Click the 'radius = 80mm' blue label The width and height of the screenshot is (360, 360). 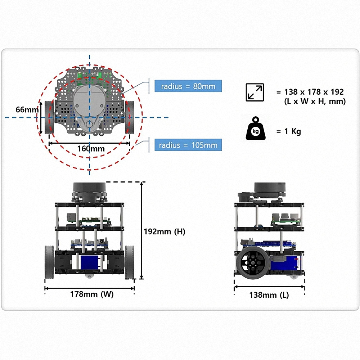pyautogui.click(x=188, y=86)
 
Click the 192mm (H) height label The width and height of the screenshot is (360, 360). pyautogui.click(x=165, y=231)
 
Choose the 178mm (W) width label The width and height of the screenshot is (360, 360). pyautogui.click(x=90, y=294)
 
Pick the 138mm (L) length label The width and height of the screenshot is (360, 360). pyautogui.click(x=269, y=295)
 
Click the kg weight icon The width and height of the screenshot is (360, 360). pyautogui.click(x=256, y=129)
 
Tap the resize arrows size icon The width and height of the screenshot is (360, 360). pyautogui.click(x=255, y=92)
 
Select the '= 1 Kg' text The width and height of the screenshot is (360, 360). pyautogui.click(x=288, y=131)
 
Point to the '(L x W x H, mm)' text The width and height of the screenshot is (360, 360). pyautogui.click(x=315, y=102)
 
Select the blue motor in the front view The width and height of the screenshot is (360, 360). pyautogui.click(x=90, y=263)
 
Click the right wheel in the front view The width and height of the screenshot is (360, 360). pyautogui.click(x=130, y=262)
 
